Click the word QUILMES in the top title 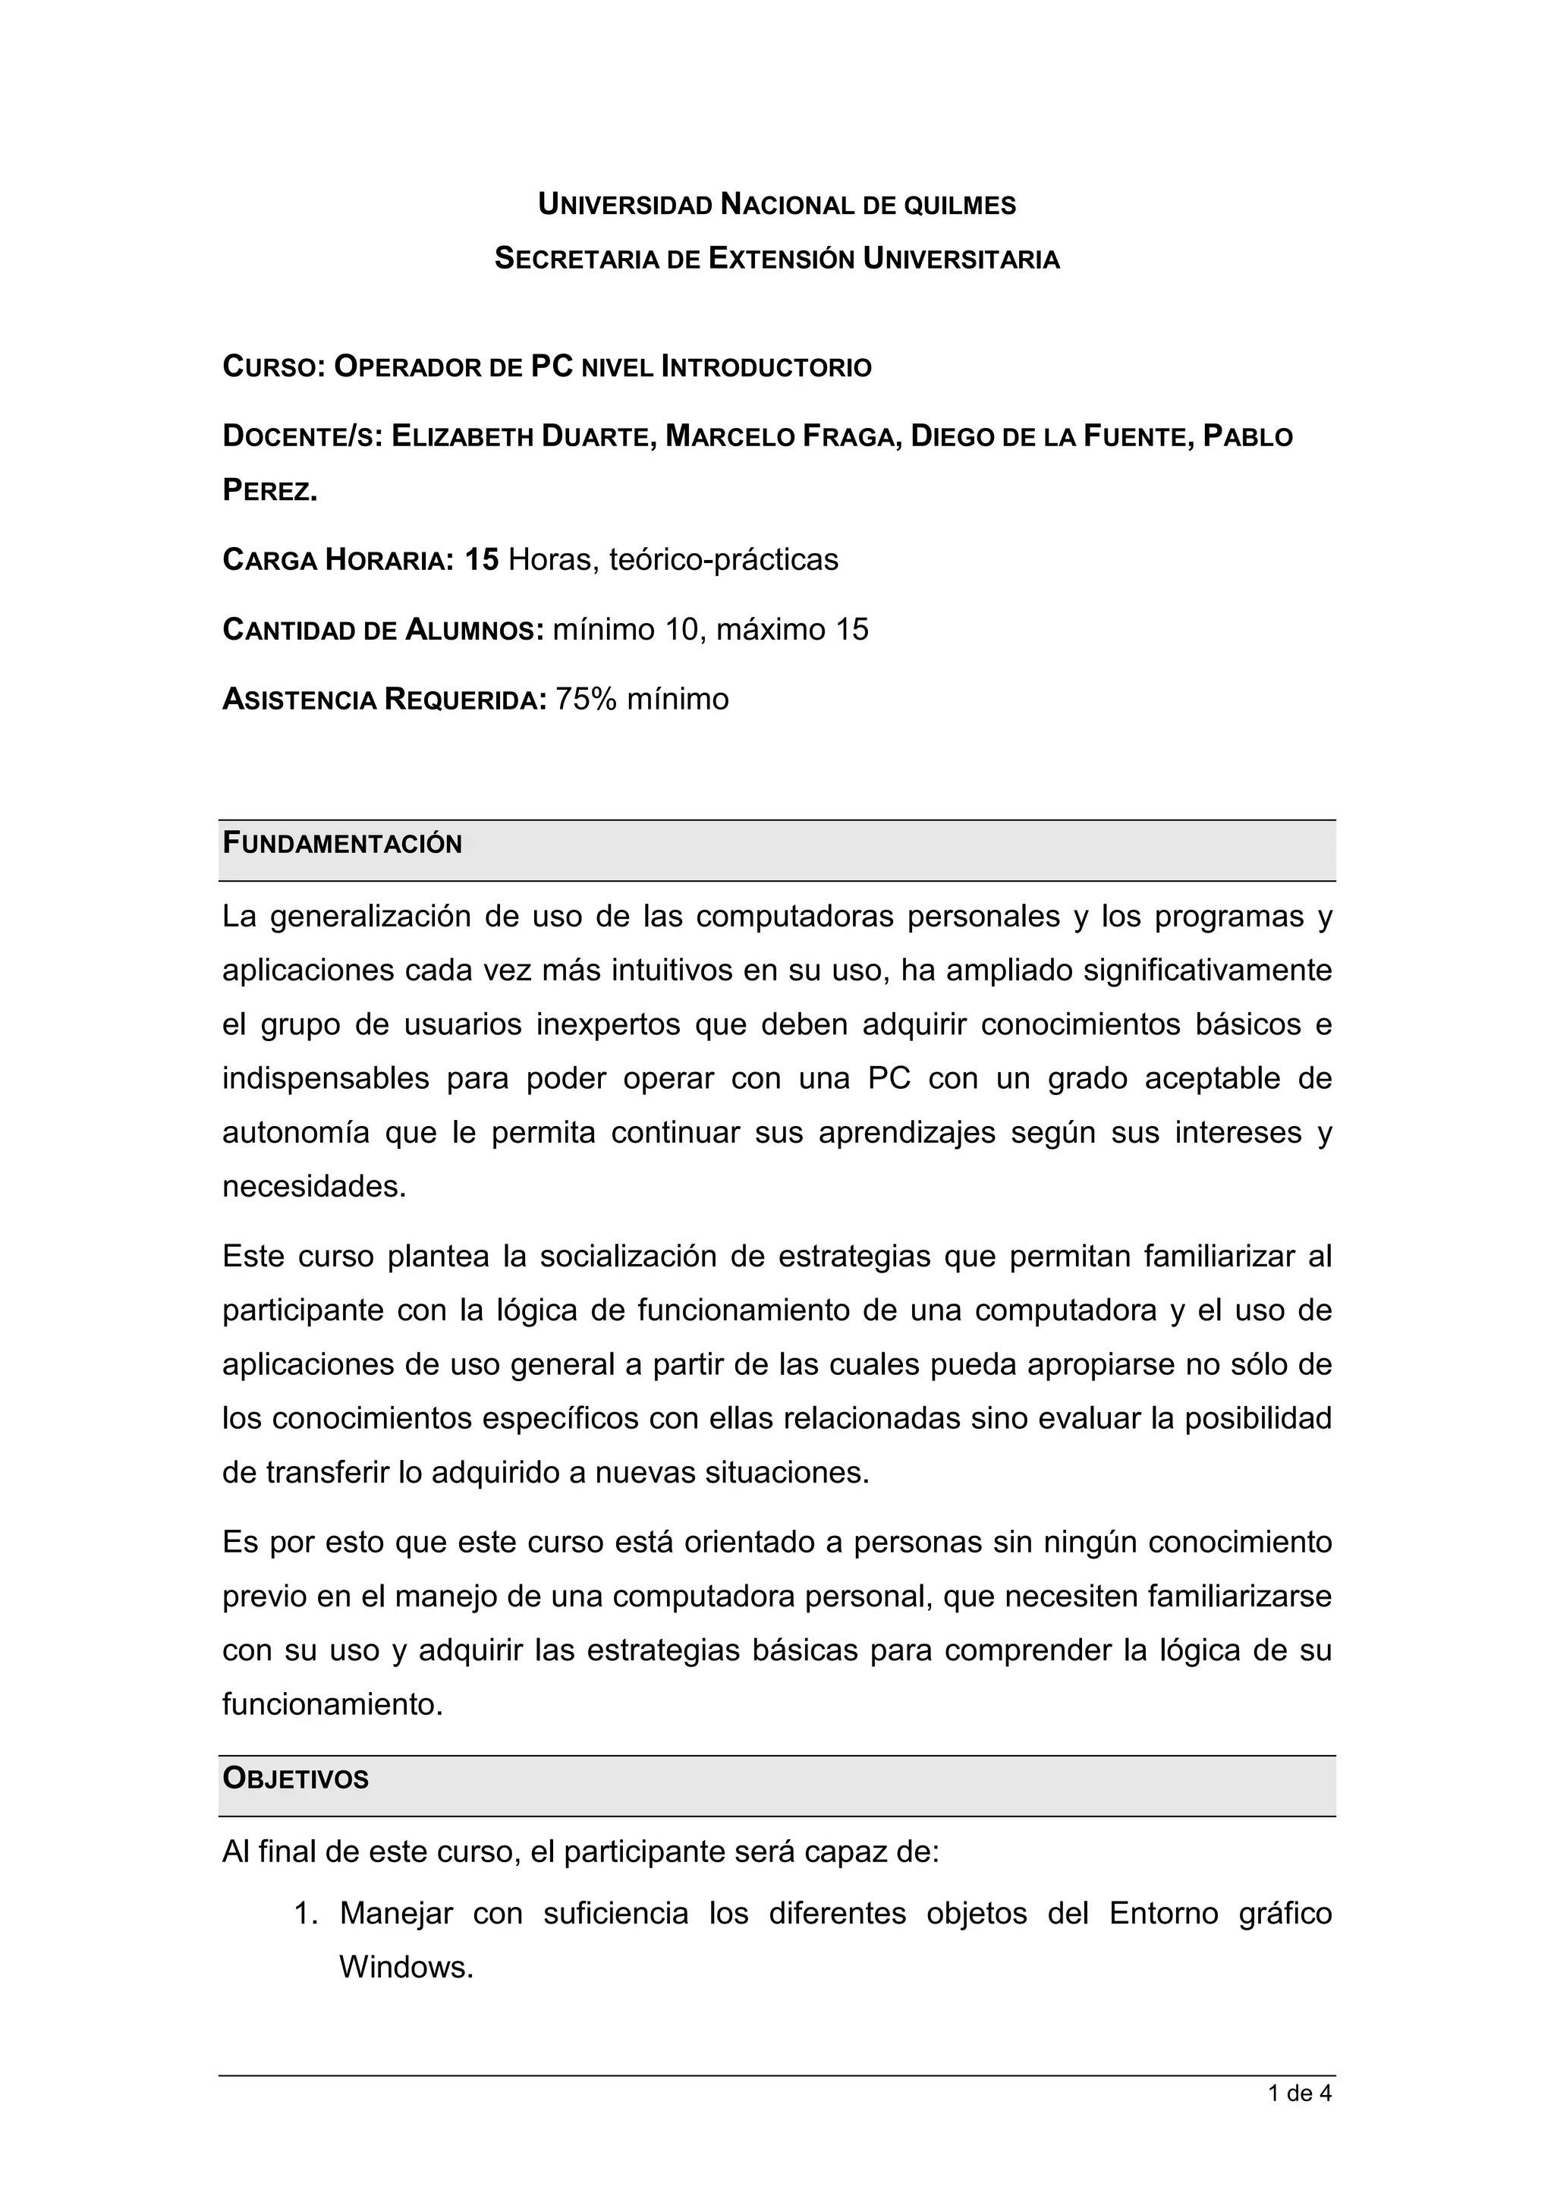click(x=961, y=205)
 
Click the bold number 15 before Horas click(x=482, y=559)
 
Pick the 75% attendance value click(x=586, y=699)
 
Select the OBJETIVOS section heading click(x=295, y=1779)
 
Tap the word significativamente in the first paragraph click(x=1207, y=971)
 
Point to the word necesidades click(x=314, y=1187)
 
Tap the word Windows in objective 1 click(x=406, y=1968)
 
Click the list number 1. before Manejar click(x=306, y=1914)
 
